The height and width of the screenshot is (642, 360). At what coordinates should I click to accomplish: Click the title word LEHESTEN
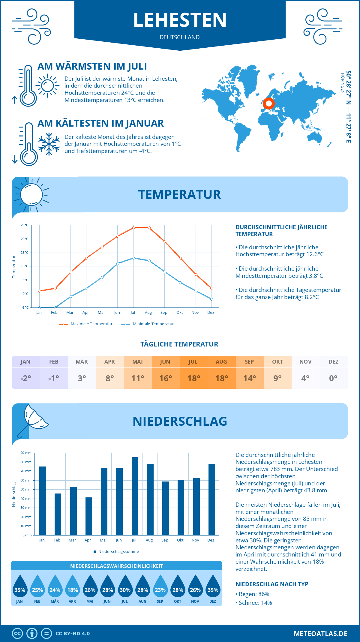[x=180, y=20]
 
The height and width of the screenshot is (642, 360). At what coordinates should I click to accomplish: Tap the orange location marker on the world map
[x=269, y=104]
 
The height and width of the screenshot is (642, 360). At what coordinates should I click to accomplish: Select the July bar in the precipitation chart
[x=135, y=496]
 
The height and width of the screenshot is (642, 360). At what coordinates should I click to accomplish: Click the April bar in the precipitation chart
[x=89, y=516]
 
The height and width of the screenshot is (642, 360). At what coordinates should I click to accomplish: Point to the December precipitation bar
[x=212, y=499]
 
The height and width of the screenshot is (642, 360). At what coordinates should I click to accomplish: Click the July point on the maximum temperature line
[x=133, y=228]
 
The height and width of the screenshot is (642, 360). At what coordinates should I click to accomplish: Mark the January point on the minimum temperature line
[x=40, y=307]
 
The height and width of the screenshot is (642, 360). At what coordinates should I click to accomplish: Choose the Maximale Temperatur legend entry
[x=86, y=324]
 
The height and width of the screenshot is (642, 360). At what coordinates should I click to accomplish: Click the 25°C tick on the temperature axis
[x=25, y=225]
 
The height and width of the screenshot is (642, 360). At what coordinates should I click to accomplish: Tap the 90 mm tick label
[x=26, y=453]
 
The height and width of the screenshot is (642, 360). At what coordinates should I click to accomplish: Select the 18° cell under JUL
[x=193, y=378]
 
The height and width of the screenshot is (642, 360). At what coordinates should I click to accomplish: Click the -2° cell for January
[x=26, y=378]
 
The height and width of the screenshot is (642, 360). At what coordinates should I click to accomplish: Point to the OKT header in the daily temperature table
[x=277, y=362]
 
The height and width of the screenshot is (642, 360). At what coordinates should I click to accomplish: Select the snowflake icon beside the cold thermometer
[x=49, y=144]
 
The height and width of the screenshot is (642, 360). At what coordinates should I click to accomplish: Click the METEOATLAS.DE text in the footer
[x=320, y=634]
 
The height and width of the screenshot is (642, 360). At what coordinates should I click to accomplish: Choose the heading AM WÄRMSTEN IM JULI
[x=92, y=66]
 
